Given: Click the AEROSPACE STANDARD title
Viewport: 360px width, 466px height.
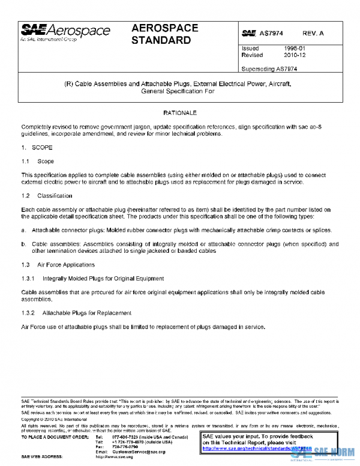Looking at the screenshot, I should [x=161, y=34].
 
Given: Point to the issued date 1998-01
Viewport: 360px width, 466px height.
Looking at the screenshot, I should [x=295, y=48].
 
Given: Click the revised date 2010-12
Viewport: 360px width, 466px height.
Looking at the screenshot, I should [x=295, y=55].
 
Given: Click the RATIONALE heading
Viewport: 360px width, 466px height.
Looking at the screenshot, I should [x=180, y=112].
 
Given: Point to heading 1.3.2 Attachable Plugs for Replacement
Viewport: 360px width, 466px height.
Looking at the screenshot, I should [x=76, y=313].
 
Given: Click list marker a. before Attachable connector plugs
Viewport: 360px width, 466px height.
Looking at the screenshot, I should [x=23, y=230].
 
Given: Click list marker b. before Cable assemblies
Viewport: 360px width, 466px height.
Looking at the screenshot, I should [x=23, y=244].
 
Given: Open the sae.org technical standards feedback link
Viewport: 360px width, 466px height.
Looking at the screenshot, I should [x=257, y=448].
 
